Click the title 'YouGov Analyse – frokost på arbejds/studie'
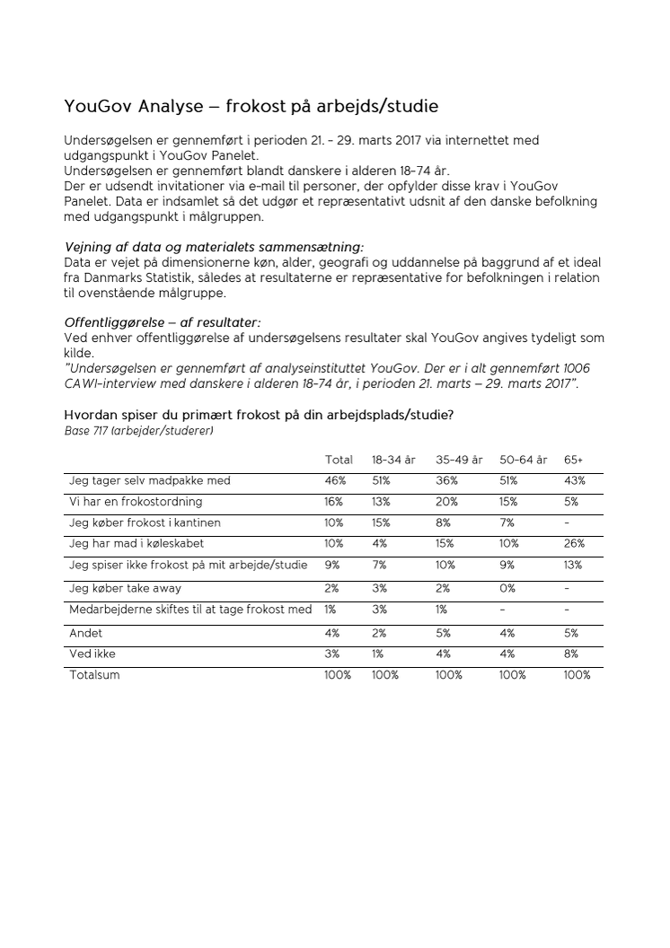click(x=251, y=107)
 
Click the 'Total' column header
click(x=339, y=460)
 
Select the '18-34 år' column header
click(x=393, y=460)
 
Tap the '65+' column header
click(x=573, y=460)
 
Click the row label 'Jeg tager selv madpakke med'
click(x=150, y=481)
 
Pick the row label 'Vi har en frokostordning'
click(x=136, y=502)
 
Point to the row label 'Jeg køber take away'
click(x=125, y=588)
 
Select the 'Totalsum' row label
click(x=94, y=675)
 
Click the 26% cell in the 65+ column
click(x=574, y=544)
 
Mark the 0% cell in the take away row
click(x=508, y=588)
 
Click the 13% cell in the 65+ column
click(x=573, y=566)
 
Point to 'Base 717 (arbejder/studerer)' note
click(x=139, y=431)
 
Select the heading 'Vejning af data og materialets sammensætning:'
click(x=215, y=247)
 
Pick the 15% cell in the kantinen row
click(x=382, y=522)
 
